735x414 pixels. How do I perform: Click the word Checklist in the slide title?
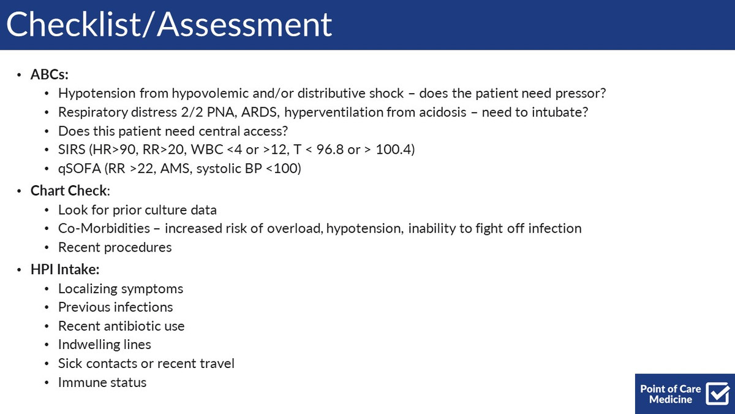73,25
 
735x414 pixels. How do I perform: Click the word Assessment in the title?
244,25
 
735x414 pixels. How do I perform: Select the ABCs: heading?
50,75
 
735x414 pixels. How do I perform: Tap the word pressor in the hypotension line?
580,94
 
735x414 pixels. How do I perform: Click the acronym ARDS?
260,112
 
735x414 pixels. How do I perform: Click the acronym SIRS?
72,150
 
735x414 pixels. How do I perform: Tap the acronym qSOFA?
80,169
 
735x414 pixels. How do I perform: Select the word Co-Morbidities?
104,228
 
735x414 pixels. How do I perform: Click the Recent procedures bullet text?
115,247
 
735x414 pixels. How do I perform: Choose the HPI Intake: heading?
65,269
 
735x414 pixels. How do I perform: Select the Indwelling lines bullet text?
104,345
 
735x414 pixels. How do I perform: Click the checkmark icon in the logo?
718,393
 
